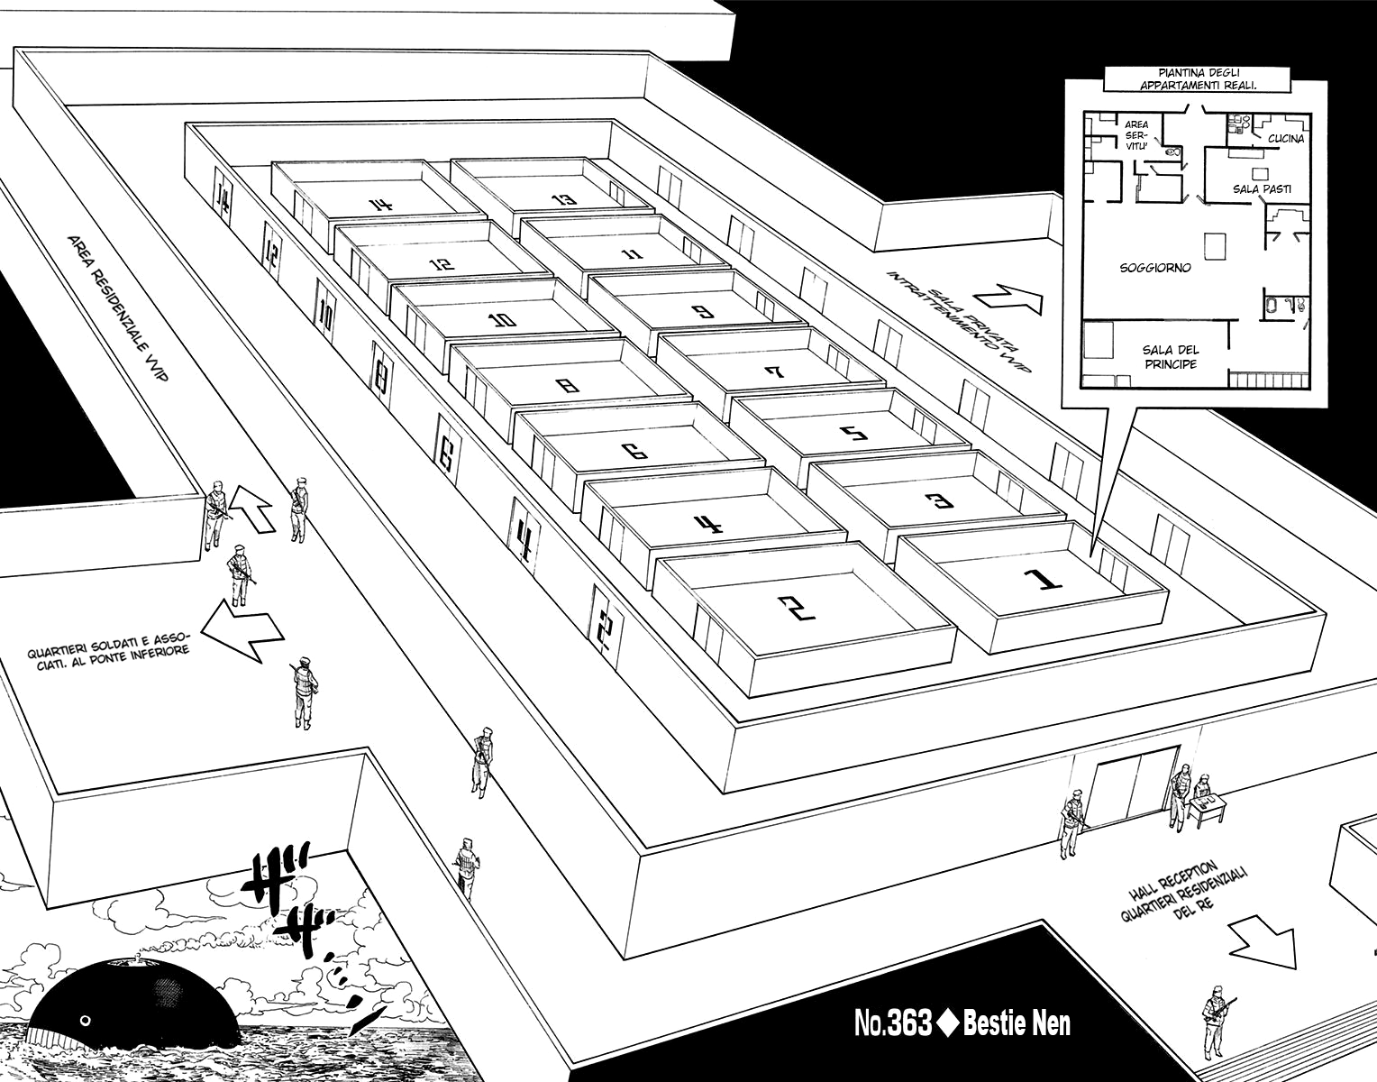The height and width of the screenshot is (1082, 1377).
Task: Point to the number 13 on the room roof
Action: point(563,198)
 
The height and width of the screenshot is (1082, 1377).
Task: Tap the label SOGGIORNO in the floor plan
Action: point(1155,268)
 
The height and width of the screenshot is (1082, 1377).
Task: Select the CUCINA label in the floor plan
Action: point(1285,139)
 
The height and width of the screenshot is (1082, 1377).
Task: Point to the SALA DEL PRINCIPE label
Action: point(1170,357)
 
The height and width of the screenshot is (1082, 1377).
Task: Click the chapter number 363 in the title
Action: point(910,1024)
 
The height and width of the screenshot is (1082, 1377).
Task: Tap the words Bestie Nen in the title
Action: point(1017,1024)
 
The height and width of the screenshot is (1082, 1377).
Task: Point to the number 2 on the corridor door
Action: point(605,626)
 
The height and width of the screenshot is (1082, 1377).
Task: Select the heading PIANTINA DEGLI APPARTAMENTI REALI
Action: point(1197,78)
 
